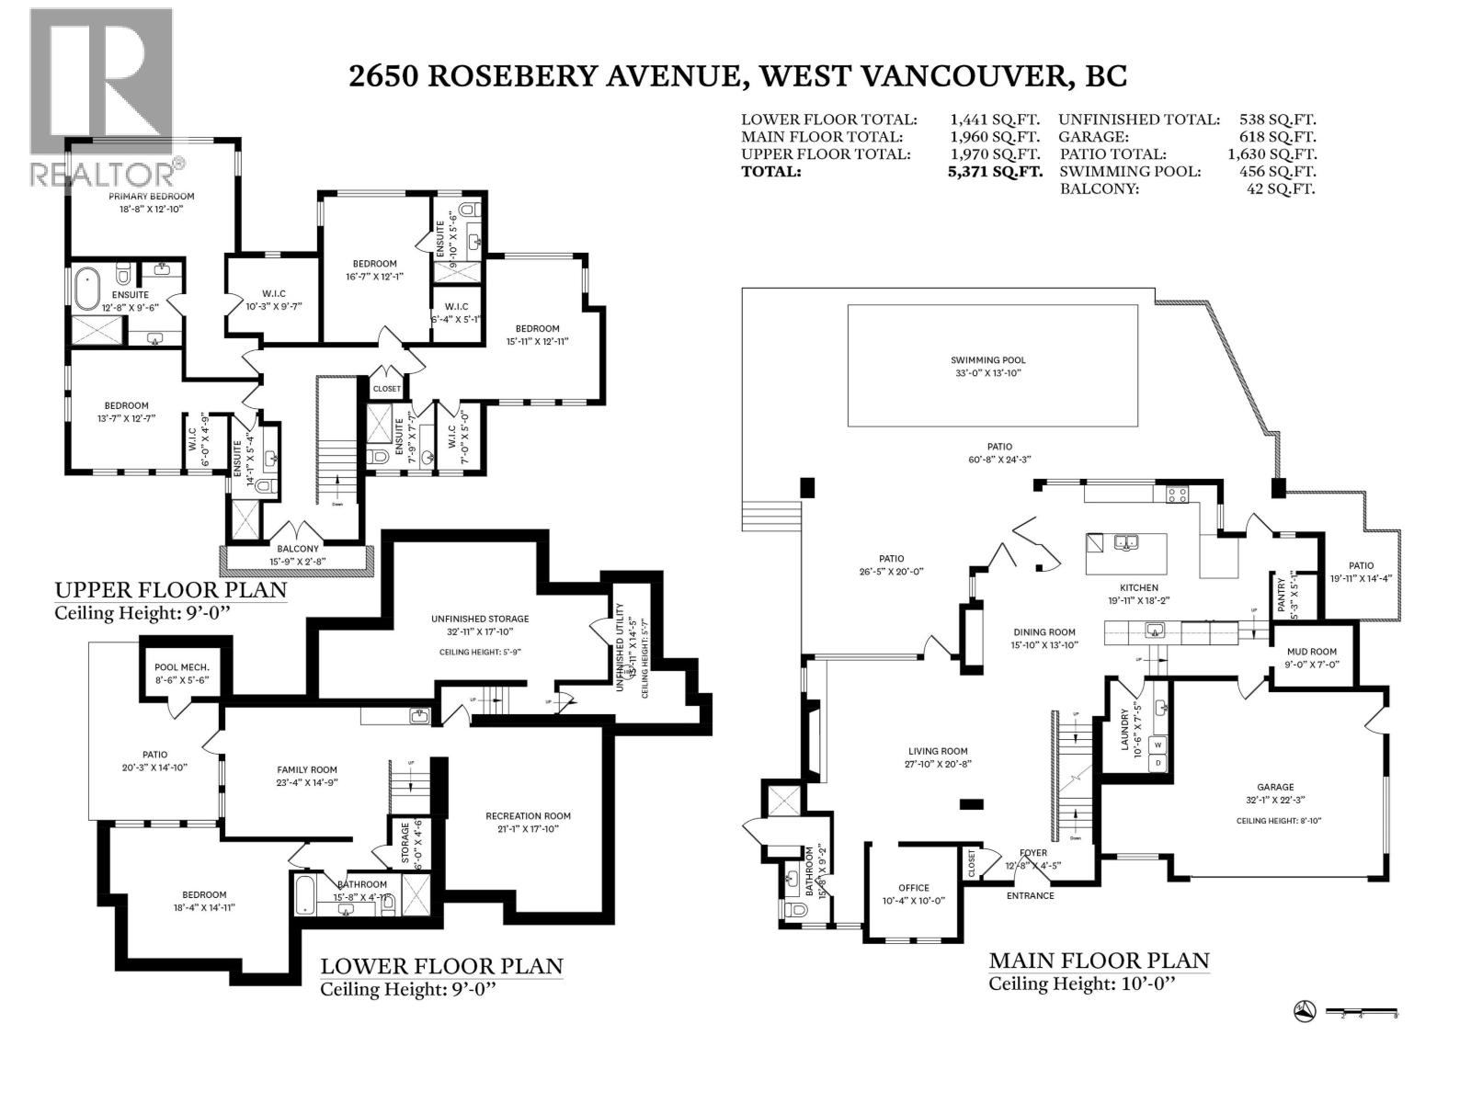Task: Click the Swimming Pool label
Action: tap(987, 360)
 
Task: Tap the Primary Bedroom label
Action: tap(152, 196)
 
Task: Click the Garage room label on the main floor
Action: tap(1275, 787)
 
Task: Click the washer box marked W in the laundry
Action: tap(1158, 745)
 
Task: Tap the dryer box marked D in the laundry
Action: tap(1158, 763)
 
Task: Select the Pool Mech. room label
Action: tap(182, 667)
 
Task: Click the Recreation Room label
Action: tap(528, 815)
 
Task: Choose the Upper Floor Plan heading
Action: tap(171, 589)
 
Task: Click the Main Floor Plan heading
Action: tap(1099, 961)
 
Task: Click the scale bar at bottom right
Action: tap(1362, 1013)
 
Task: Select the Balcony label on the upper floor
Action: tap(297, 549)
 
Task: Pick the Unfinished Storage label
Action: tap(480, 619)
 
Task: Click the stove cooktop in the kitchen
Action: tap(1178, 495)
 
